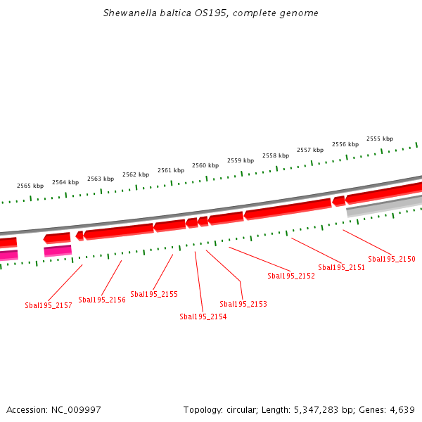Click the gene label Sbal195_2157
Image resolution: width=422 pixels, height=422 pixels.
49,305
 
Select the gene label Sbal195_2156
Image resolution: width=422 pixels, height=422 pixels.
102,300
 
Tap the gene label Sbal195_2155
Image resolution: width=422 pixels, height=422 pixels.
154,294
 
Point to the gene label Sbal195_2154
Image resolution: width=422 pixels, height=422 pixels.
203,316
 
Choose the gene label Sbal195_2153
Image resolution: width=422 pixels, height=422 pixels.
243,304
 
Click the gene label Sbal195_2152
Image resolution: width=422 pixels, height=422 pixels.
291,276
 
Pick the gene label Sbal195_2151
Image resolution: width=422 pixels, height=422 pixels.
342,267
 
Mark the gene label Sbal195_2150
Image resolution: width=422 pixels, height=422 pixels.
392,259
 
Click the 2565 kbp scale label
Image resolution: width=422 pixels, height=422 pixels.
30,186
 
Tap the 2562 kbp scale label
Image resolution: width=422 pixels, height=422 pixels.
136,174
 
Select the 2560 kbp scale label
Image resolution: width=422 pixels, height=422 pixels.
205,165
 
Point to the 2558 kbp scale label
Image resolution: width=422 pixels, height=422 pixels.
276,155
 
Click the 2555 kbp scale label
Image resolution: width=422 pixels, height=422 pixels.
380,139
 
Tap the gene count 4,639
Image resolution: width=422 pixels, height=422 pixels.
401,410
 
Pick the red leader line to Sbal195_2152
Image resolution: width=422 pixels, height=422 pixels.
260,259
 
